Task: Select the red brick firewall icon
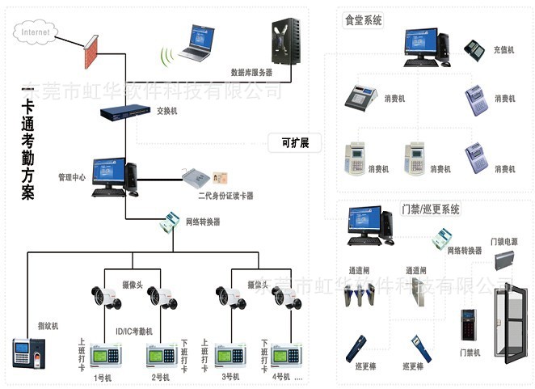[x=91, y=51]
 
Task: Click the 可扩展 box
[x=294, y=143]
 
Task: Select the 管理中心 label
[x=71, y=176]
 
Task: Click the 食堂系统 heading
[x=364, y=19]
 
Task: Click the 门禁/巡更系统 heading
[x=431, y=209]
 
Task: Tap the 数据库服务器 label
[x=251, y=72]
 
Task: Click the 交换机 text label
[x=167, y=111]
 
